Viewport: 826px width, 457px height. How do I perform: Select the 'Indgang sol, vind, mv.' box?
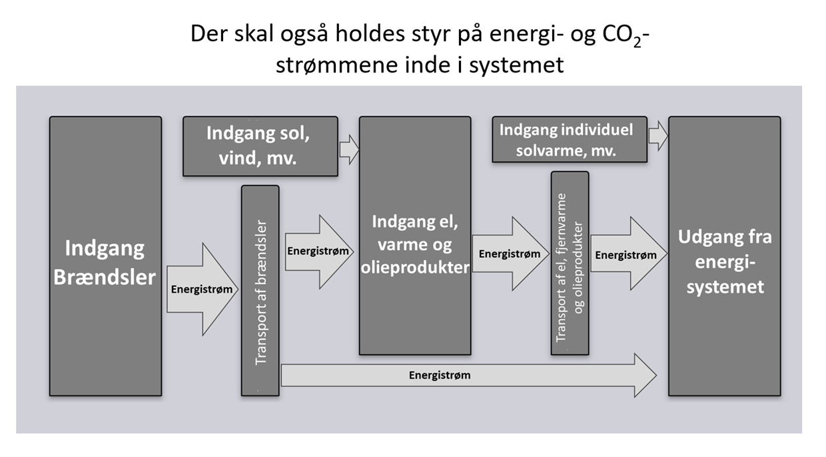(260, 146)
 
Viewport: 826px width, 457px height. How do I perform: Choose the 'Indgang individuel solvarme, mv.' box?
(570, 140)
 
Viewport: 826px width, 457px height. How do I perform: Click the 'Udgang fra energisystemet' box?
(724, 333)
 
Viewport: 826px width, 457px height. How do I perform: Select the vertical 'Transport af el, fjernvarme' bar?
(570, 263)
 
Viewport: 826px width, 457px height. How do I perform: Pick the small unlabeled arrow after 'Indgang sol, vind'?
(348, 148)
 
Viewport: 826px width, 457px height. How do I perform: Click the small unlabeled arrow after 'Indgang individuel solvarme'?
(658, 135)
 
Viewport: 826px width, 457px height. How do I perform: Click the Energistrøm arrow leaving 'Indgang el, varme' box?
(510, 253)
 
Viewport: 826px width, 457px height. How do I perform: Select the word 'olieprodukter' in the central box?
(414, 267)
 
